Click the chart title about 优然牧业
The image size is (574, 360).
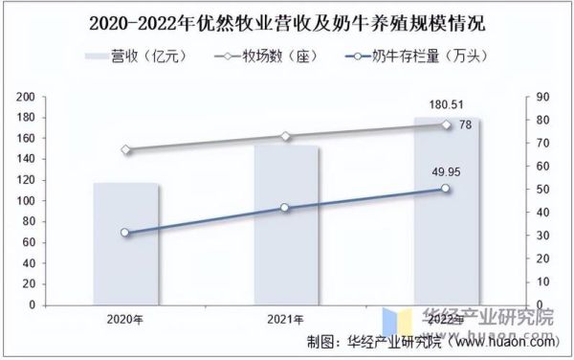(x=287, y=21)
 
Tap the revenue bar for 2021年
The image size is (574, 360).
(x=286, y=225)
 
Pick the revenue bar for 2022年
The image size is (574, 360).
(x=446, y=211)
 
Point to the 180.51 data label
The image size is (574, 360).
(x=446, y=104)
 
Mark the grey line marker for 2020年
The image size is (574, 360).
(x=125, y=149)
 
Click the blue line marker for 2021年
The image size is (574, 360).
(x=286, y=208)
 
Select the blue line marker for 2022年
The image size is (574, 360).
(x=446, y=189)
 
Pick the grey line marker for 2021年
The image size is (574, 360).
(x=286, y=136)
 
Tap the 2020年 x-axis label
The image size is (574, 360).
(x=125, y=319)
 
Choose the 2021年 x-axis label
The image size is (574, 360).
(x=286, y=319)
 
